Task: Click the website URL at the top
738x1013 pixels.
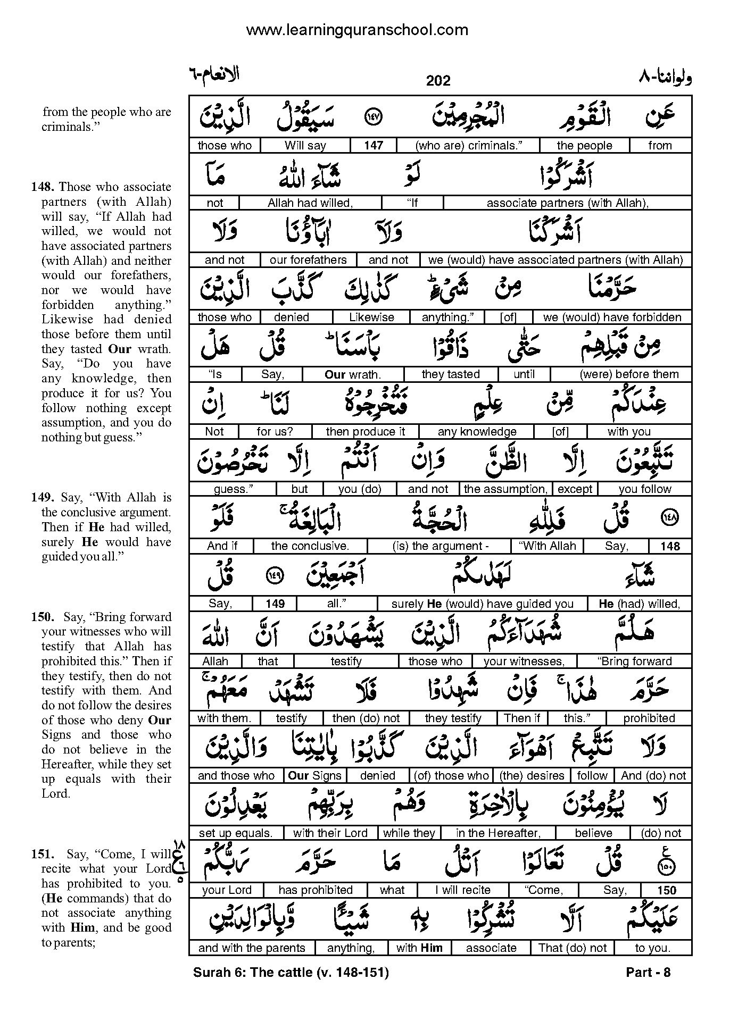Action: pos(356,30)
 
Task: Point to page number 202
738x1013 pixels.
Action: pos(438,80)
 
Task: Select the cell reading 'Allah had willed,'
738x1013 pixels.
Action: pos(310,203)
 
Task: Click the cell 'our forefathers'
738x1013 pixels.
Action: pos(308,260)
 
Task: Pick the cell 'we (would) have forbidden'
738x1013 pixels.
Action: pos(612,317)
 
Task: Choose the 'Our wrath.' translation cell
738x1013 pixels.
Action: pos(352,374)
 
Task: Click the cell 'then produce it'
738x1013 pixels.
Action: pos(365,432)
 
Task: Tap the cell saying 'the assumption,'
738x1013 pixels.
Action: pos(505,489)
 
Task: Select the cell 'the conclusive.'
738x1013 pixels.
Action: pos(310,546)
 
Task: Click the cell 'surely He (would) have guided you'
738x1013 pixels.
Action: pos(482,604)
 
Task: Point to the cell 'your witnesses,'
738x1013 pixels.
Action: pos(524,662)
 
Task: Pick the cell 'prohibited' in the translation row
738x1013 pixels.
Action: pos(649,718)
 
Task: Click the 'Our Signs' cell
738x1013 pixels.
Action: pos(314,776)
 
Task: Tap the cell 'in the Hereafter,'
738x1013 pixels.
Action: pos(498,833)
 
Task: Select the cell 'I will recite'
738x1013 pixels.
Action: pos(462,890)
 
